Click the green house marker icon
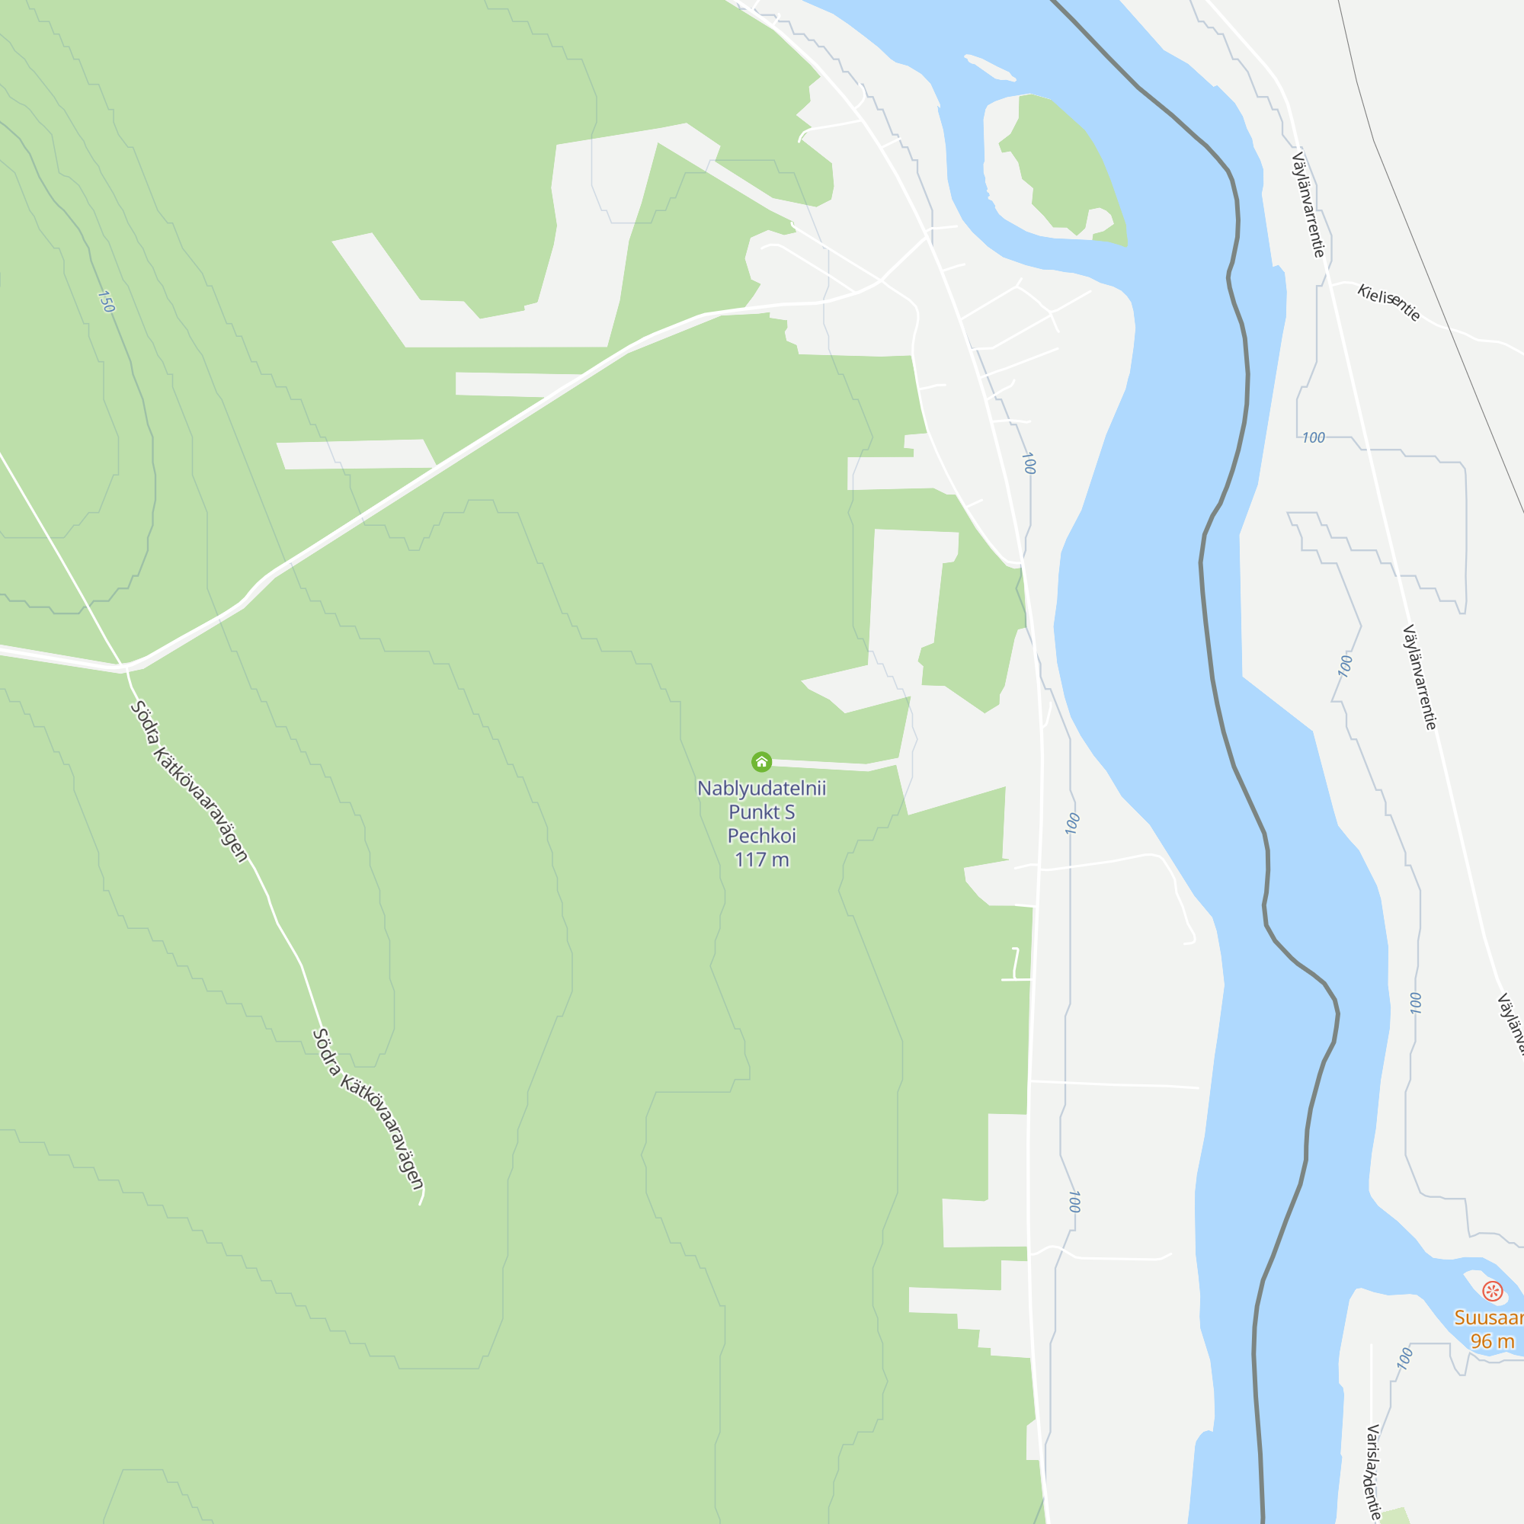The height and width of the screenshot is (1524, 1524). point(761,761)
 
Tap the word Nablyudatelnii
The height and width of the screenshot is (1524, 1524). point(761,788)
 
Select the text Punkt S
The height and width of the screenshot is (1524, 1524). point(761,812)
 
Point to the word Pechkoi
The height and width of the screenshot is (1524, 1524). point(761,835)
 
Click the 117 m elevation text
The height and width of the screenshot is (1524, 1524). point(761,860)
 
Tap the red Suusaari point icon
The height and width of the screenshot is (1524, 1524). point(1492,1291)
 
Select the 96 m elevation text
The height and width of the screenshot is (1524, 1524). point(1492,1341)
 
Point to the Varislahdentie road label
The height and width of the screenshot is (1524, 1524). point(1373,1472)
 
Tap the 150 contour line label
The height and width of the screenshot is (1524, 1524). point(106,301)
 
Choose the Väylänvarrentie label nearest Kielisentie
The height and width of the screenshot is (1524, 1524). point(1308,205)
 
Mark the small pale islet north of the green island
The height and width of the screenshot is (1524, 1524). point(990,68)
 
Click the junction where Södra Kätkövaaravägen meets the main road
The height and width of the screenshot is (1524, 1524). point(124,668)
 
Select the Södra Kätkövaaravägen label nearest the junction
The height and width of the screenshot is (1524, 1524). point(189,781)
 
